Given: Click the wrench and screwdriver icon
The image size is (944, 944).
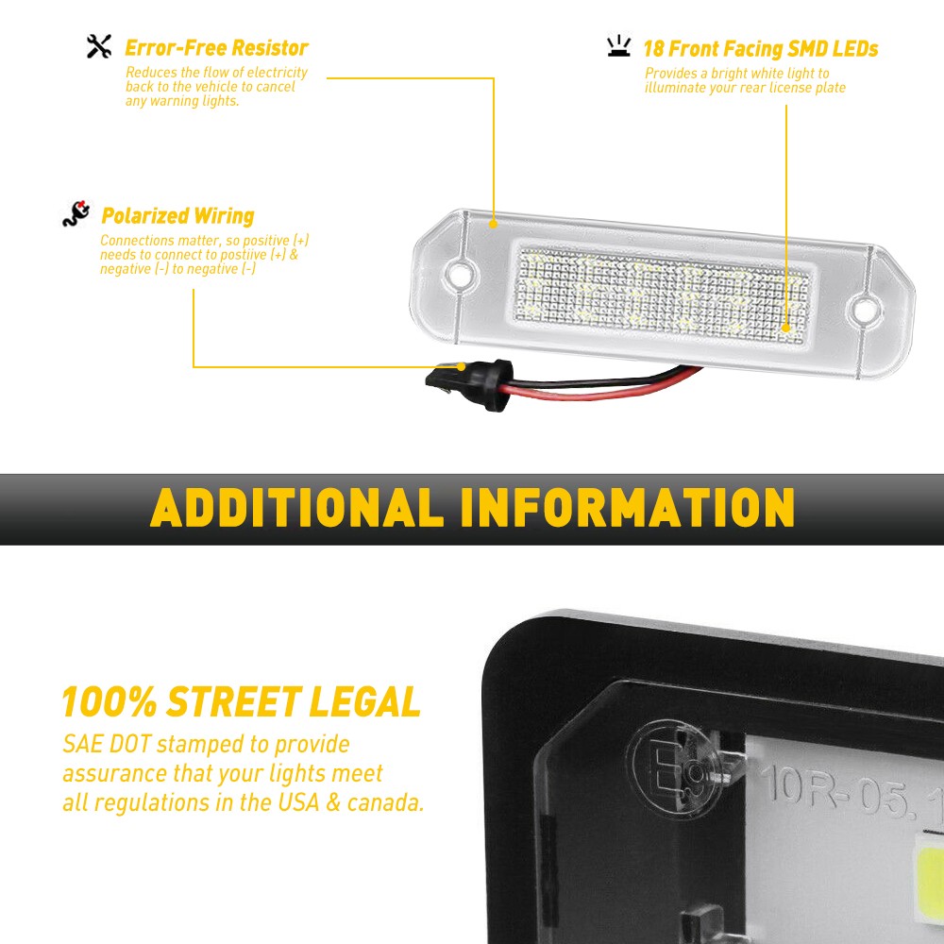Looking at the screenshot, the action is [99, 46].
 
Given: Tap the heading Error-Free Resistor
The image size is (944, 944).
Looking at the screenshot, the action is [216, 47].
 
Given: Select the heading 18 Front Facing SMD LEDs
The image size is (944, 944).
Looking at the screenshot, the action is [760, 48].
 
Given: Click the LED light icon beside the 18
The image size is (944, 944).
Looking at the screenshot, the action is [618, 46].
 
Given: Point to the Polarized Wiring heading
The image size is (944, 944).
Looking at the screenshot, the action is [177, 216].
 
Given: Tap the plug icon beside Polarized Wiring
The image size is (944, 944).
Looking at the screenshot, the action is [76, 215].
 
